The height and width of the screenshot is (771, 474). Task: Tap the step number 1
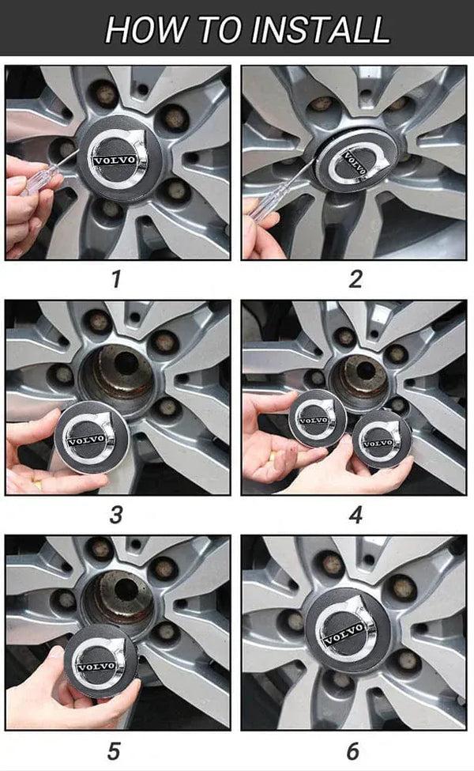click(116, 279)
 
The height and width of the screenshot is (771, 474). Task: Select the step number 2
click(355, 279)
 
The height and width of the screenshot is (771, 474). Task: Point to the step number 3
click(116, 515)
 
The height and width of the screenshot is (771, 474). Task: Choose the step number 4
click(355, 515)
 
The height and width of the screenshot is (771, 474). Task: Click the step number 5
click(114, 751)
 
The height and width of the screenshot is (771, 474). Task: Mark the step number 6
click(353, 751)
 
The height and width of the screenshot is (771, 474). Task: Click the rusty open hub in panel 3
click(118, 376)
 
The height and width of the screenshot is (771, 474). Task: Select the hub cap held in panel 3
click(92, 437)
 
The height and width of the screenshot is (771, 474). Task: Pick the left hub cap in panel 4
click(318, 419)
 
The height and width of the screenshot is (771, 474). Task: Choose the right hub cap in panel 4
click(382, 439)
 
